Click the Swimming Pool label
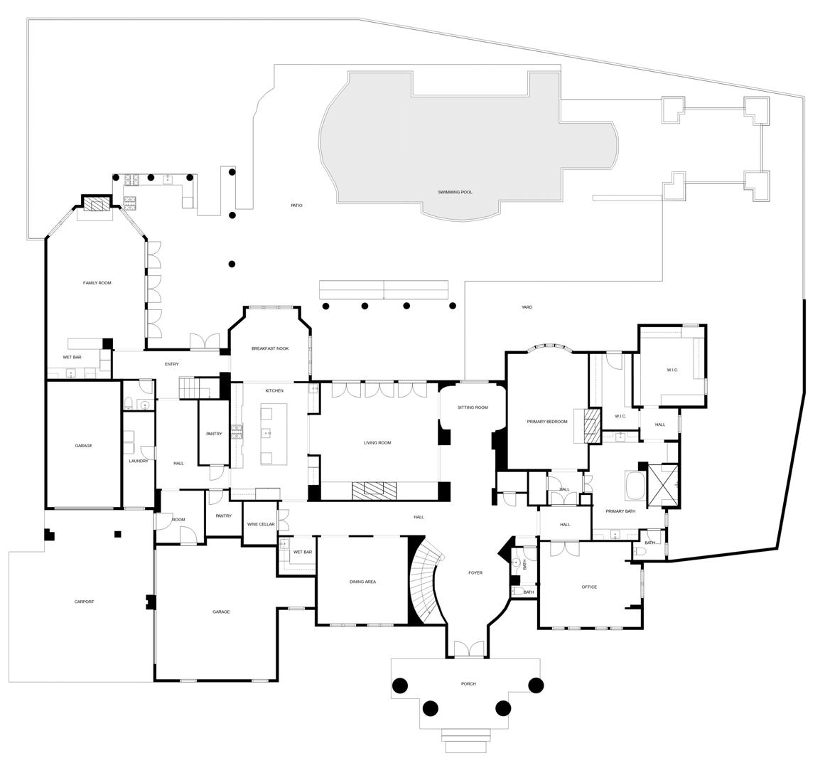(455, 192)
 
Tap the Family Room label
(97, 283)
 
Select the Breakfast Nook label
(270, 348)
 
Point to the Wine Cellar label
(261, 524)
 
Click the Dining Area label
(362, 582)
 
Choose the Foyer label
(475, 572)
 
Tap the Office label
(589, 587)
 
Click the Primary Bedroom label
(547, 422)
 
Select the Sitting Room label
(473, 407)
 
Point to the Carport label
(84, 602)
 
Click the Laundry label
(139, 461)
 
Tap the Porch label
(468, 683)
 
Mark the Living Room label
(377, 443)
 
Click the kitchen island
(274, 434)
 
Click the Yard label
(527, 307)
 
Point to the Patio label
(296, 206)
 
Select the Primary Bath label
(620, 511)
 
